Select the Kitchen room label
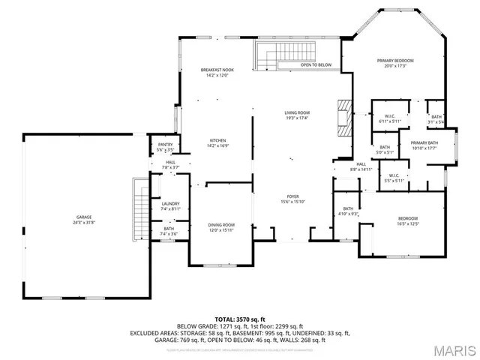coord(217,143)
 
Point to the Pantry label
coord(165,147)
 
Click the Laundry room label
coord(169,206)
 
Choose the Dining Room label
coord(221,227)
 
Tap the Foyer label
coord(292,199)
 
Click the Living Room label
coord(297,115)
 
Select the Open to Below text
coord(316,65)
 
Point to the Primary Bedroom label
coord(394,63)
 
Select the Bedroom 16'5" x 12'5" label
coord(408,220)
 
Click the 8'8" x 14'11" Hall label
coord(361,166)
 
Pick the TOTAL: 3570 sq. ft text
coord(240,320)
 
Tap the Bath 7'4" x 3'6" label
coord(169,232)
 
